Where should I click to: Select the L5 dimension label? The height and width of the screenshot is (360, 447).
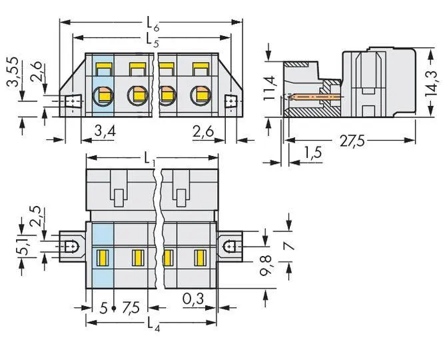pos(152,39)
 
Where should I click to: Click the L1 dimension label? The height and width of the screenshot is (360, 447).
pos(152,161)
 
